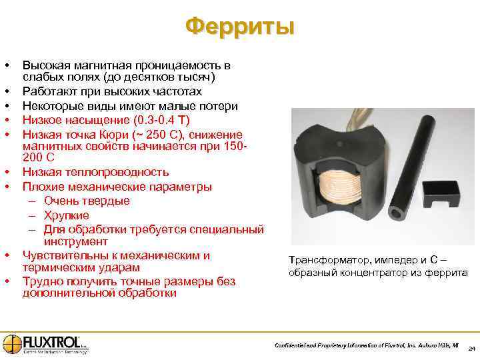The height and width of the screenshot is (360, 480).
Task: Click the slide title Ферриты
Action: [x=239, y=27]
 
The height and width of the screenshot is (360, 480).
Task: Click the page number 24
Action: [x=471, y=348]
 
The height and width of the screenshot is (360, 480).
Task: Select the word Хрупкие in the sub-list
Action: [x=66, y=215]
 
